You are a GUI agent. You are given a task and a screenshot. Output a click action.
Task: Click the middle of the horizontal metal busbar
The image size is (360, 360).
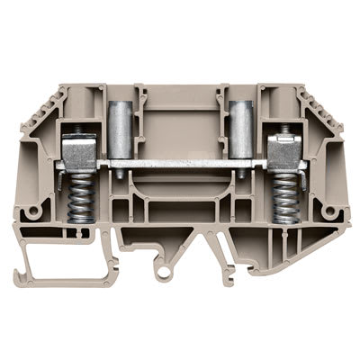[x=180, y=163]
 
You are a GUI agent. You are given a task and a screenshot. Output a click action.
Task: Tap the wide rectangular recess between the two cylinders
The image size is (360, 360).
[x=180, y=126]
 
